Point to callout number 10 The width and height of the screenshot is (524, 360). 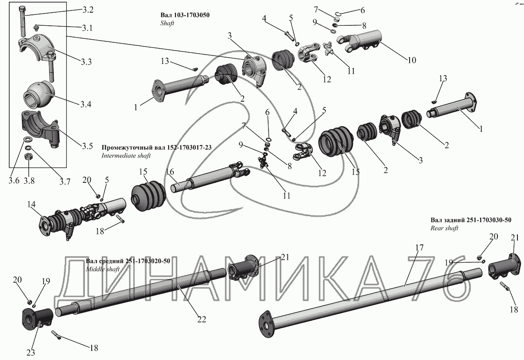click(x=412, y=60)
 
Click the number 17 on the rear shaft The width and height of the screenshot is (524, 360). click(x=419, y=247)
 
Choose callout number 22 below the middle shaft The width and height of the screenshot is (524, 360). click(x=201, y=319)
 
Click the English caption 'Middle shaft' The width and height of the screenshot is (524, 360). click(x=101, y=269)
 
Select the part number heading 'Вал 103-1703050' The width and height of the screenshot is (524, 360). click(x=185, y=15)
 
